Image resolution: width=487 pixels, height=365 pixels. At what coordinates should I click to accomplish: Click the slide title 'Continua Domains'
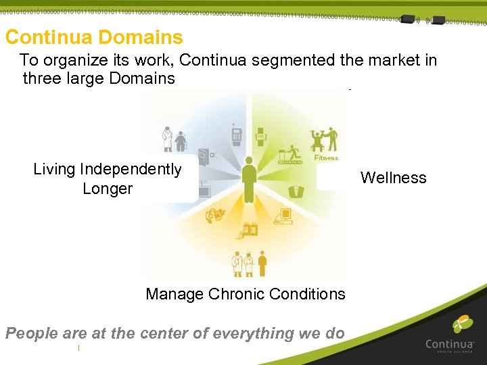pyautogui.click(x=94, y=37)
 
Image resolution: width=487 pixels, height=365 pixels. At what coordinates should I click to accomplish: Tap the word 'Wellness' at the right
pyautogui.click(x=393, y=178)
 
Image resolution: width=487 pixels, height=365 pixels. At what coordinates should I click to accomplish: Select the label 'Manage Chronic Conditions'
pyautogui.click(x=245, y=294)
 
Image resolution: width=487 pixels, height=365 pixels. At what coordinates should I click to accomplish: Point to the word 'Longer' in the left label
pyautogui.click(x=108, y=189)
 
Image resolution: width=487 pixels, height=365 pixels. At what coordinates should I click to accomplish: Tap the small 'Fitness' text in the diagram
pyautogui.click(x=327, y=158)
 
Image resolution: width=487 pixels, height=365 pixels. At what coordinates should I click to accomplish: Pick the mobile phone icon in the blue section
pyautogui.click(x=236, y=134)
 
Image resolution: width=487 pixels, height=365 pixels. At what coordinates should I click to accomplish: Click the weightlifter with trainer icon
pyautogui.click(x=323, y=140)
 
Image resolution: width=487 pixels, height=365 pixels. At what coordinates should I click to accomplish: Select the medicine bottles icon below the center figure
pyautogui.click(x=250, y=229)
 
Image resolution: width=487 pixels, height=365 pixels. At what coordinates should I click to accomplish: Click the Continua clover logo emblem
pyautogui.click(x=463, y=325)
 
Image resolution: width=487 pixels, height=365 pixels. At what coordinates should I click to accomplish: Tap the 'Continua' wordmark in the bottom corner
pyautogui.click(x=449, y=344)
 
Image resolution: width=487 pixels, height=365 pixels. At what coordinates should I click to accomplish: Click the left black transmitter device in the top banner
pyautogui.click(x=408, y=20)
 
